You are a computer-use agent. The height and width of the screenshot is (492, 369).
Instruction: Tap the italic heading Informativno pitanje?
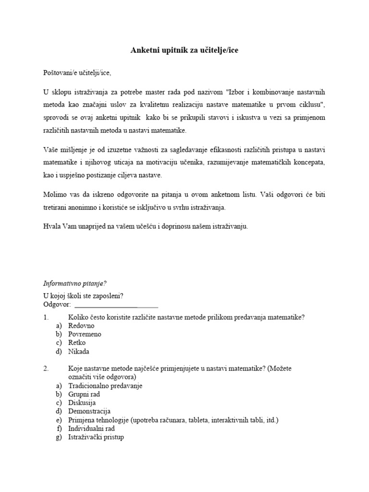coord(75,283)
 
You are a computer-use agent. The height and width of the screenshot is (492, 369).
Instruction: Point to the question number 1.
coord(46,317)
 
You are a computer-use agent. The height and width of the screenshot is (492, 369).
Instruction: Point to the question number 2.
coord(46,369)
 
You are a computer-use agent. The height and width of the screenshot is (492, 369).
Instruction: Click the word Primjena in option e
coord(82,420)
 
